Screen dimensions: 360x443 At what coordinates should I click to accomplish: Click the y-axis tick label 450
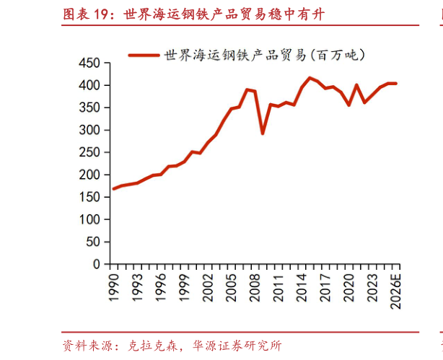click(x=89, y=63)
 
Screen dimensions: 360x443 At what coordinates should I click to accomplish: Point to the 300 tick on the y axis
click(x=89, y=130)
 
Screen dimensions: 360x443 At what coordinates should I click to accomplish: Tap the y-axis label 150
click(x=89, y=197)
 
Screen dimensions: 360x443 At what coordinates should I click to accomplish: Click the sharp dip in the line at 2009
click(x=263, y=133)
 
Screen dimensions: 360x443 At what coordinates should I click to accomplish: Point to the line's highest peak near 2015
click(x=310, y=78)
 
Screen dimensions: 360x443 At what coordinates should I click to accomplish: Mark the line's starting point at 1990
click(x=114, y=189)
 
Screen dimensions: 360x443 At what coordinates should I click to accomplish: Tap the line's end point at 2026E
click(x=395, y=84)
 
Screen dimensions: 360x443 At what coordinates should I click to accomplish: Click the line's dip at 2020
click(x=348, y=105)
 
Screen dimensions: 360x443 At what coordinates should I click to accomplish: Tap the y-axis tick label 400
click(x=89, y=85)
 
